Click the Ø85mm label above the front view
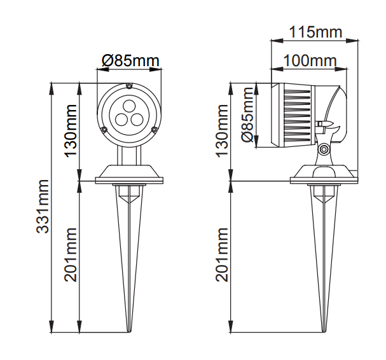(130, 61)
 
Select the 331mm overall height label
(43, 207)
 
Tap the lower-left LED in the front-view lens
(121, 118)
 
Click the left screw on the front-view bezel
(104, 130)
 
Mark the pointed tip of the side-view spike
(323, 332)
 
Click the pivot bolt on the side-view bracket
(324, 149)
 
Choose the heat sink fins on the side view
(295, 114)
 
